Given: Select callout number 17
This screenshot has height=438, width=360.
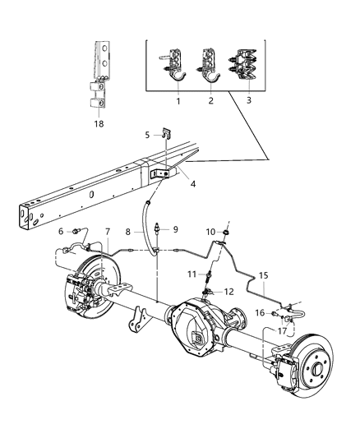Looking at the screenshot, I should click(x=281, y=331).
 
